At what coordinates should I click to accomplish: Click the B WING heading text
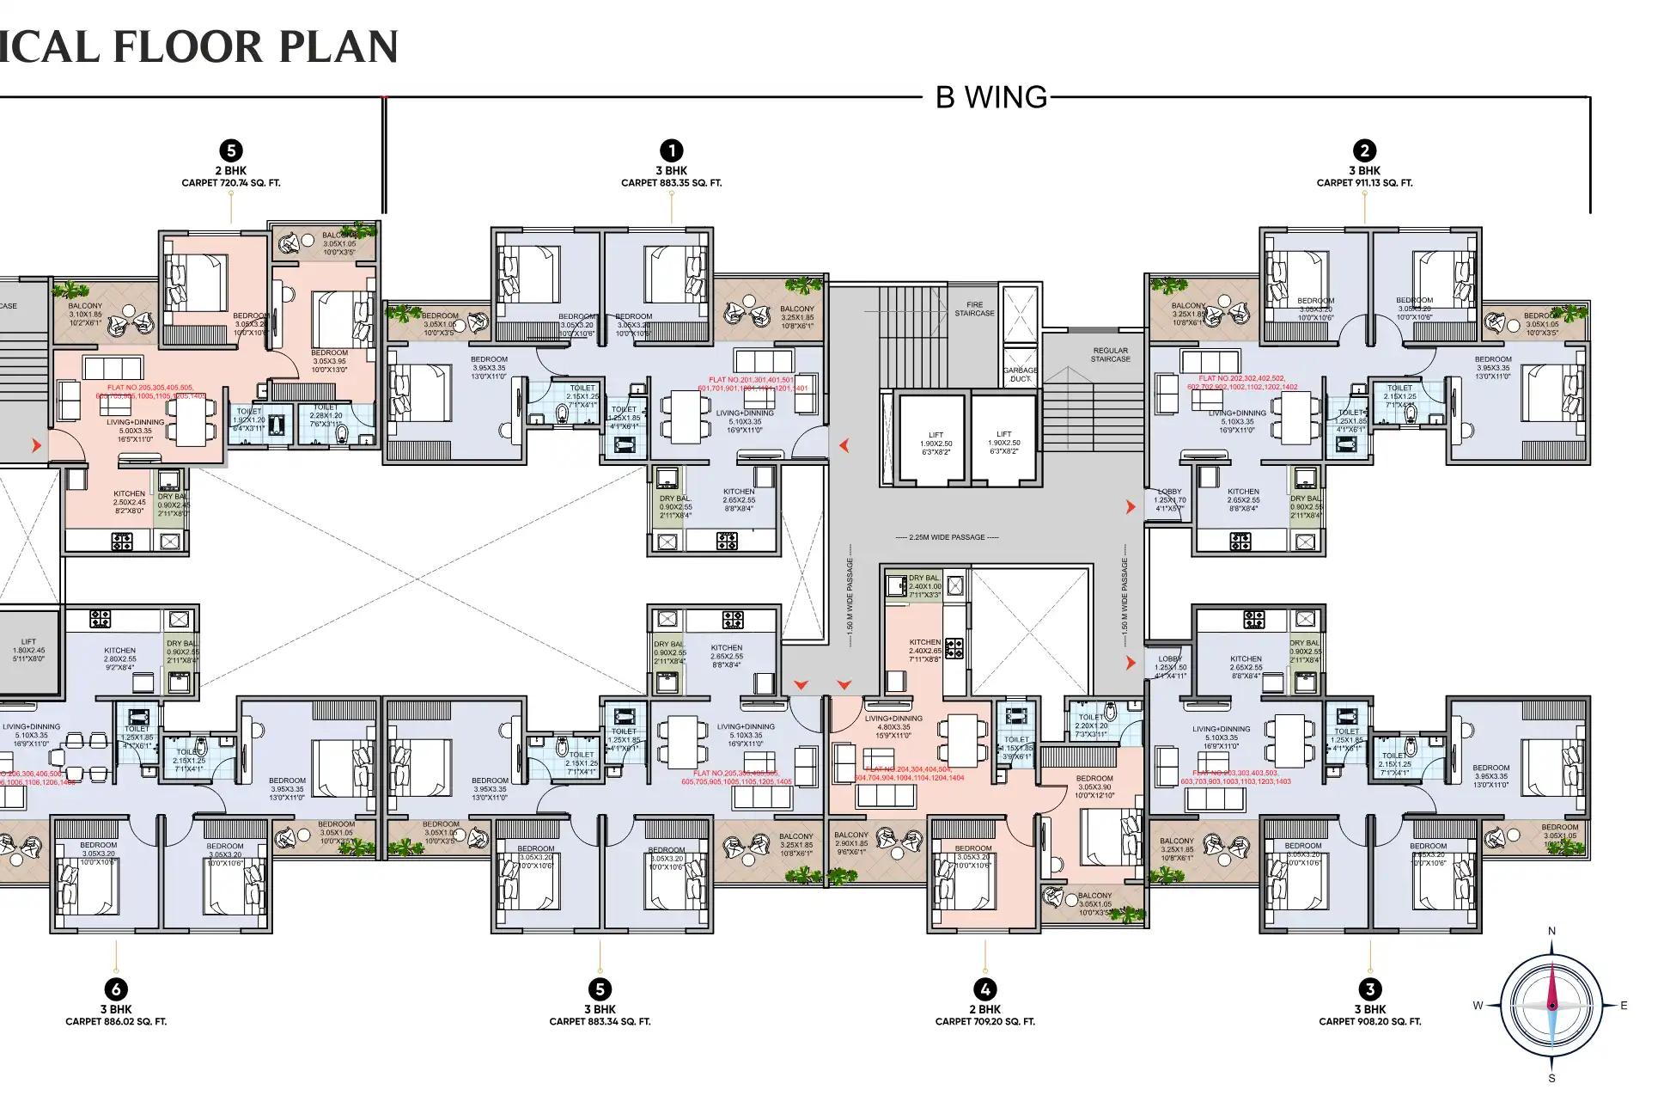[x=991, y=97]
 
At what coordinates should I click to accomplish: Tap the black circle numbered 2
[x=1364, y=150]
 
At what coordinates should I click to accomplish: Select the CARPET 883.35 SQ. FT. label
[x=671, y=183]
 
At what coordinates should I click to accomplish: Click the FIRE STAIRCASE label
[x=974, y=309]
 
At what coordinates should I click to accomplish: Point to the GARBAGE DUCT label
[x=1020, y=374]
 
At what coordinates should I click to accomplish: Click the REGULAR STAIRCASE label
[x=1110, y=354]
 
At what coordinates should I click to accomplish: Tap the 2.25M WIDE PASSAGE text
[x=947, y=537]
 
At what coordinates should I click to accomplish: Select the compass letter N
[x=1551, y=931]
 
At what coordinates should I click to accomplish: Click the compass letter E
[x=1624, y=1006]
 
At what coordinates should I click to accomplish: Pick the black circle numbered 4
[x=984, y=989]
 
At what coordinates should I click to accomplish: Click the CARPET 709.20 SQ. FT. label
[x=984, y=1022]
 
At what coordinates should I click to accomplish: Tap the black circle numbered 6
[x=116, y=989]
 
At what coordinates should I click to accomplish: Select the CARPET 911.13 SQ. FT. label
[x=1364, y=183]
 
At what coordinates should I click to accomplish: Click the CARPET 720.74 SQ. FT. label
[x=230, y=183]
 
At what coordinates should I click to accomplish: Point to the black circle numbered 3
[x=1369, y=989]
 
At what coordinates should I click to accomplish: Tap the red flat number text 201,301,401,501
[x=751, y=380]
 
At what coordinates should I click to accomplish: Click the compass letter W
[x=1478, y=1006]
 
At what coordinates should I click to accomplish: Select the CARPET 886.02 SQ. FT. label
[x=116, y=1022]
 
